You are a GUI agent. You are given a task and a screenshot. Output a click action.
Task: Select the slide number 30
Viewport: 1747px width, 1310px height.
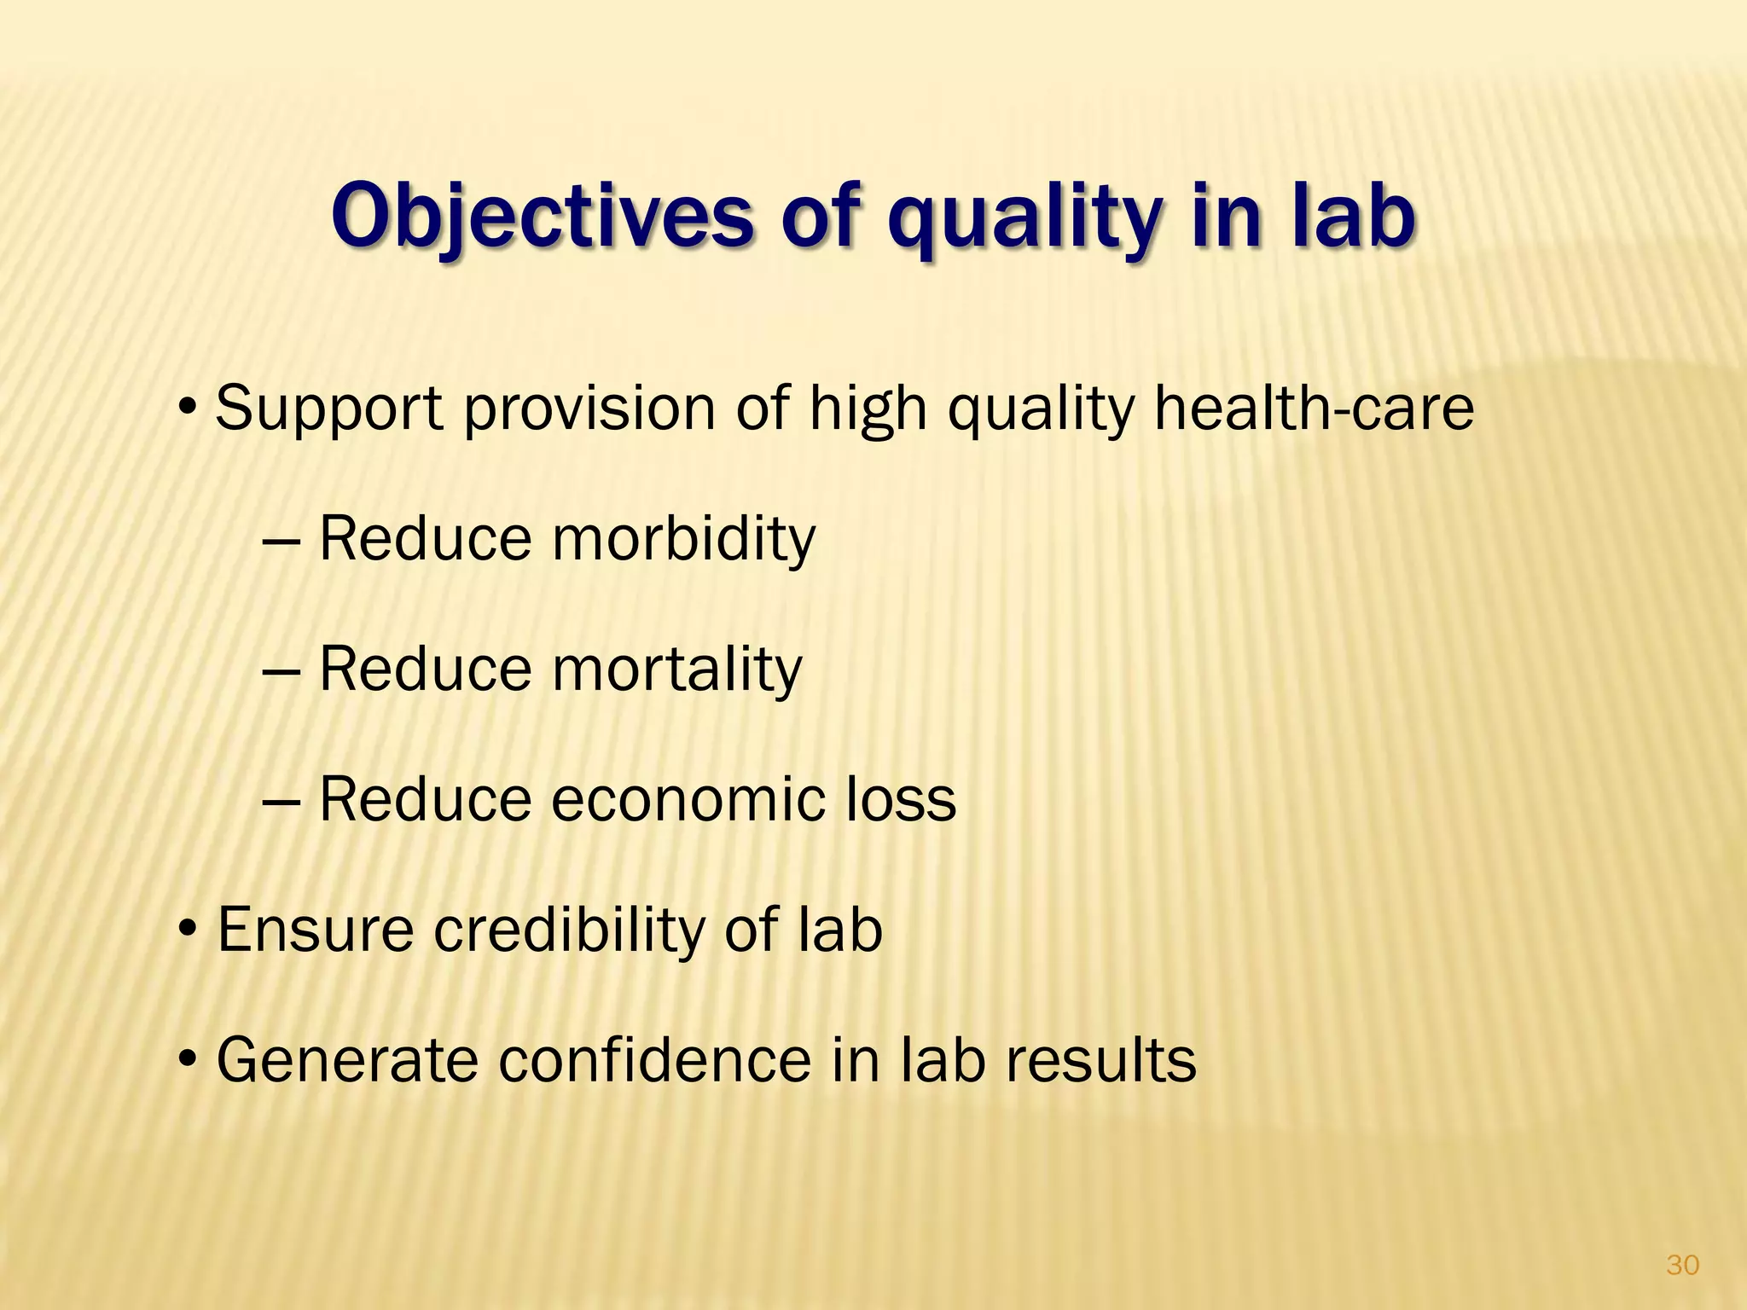click(1682, 1265)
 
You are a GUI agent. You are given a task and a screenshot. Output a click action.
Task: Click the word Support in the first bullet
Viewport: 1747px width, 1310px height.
click(329, 409)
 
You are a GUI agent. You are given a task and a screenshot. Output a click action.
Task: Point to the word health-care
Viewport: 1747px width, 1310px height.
click(1314, 408)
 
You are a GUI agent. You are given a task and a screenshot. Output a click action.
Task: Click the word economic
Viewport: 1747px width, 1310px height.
click(686, 799)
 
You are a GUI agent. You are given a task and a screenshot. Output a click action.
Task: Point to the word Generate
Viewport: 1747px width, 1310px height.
click(346, 1060)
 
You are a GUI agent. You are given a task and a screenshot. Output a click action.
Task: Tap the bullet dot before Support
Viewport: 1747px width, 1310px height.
click(189, 406)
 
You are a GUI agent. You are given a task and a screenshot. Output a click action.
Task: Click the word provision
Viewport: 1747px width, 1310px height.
click(589, 409)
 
